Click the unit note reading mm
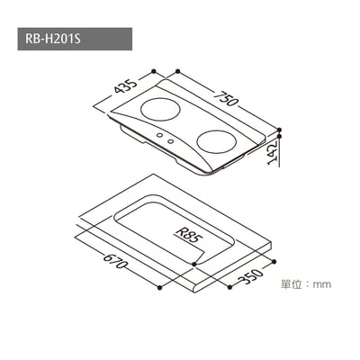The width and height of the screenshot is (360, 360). tap(320, 284)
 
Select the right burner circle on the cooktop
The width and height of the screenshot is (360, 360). tap(217, 140)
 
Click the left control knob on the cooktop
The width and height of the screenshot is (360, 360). tap(162, 135)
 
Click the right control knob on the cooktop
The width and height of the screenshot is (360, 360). tap(171, 139)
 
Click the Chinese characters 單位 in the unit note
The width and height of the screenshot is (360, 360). tap(292, 284)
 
